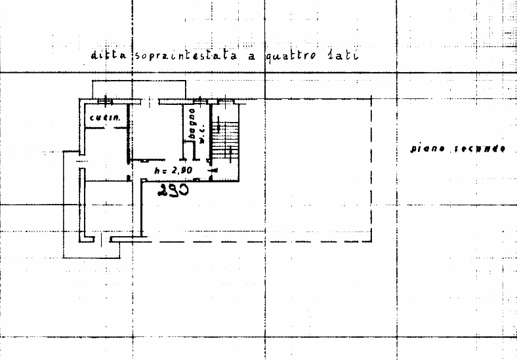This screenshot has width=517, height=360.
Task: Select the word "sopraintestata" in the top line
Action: [186, 56]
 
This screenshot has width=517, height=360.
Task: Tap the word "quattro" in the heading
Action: [293, 56]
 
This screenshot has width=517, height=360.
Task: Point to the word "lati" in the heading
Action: [342, 55]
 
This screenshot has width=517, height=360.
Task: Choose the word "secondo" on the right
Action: [480, 149]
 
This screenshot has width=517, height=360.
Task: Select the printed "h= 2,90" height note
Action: [172, 170]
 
